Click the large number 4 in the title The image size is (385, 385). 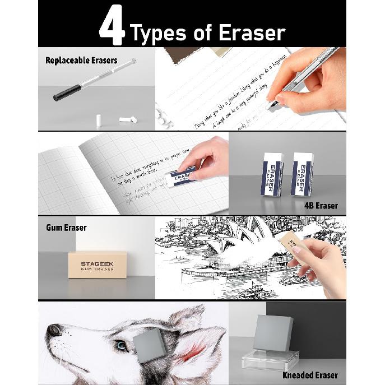pyautogui.click(x=112, y=26)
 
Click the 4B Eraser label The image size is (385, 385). pyautogui.click(x=321, y=206)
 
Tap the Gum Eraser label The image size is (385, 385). pyautogui.click(x=66, y=228)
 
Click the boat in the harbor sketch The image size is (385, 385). pyautogui.click(x=252, y=291)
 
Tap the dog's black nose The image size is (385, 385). pyautogui.click(x=54, y=330)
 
